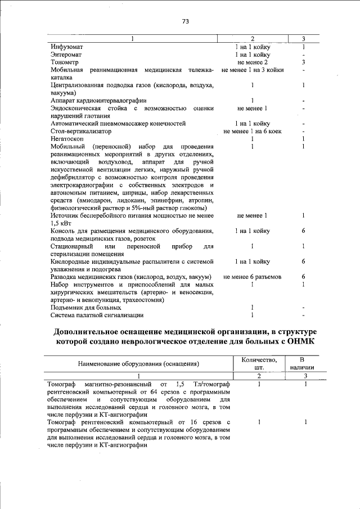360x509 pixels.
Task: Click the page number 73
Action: (x=185, y=21)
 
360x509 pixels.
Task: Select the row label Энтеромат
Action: (x=66, y=55)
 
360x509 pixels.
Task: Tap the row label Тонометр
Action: (x=64, y=62)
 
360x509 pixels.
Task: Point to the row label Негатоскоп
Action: (x=67, y=138)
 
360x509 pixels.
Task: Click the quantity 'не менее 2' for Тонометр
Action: (x=253, y=62)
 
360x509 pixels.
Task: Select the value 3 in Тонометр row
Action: (x=303, y=62)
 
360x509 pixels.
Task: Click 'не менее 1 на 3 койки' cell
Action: (x=253, y=70)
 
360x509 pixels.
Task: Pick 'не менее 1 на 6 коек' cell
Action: (x=253, y=131)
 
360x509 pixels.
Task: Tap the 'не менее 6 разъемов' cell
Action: (x=253, y=277)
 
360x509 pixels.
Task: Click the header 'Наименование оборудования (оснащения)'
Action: (x=138, y=364)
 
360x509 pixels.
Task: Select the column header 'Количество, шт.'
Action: (x=259, y=363)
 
